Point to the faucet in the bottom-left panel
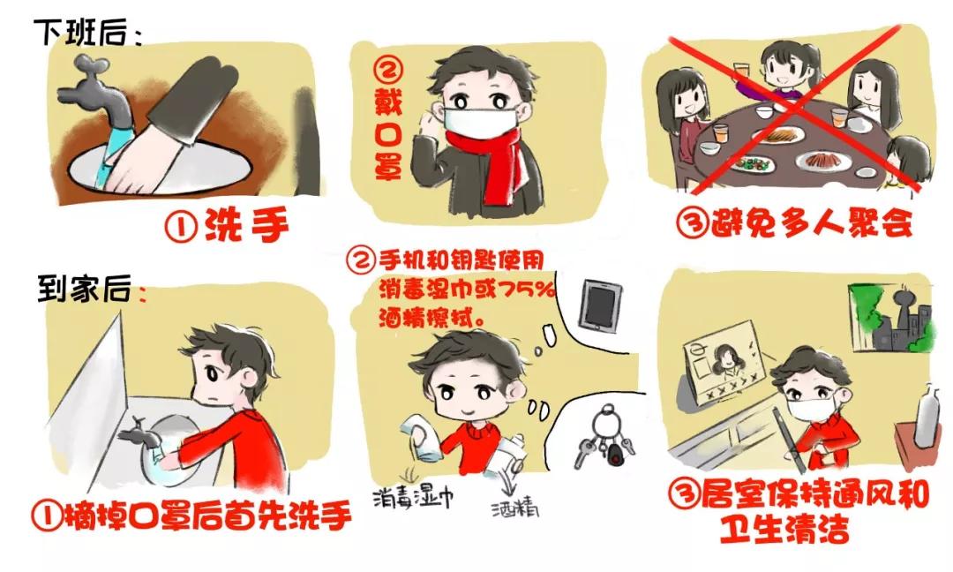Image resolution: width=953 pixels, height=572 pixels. pyautogui.click(x=142, y=433)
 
